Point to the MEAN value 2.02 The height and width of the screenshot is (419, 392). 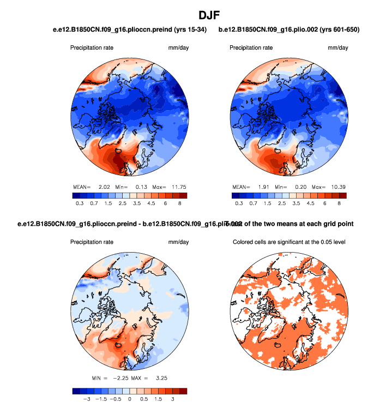pos(104,187)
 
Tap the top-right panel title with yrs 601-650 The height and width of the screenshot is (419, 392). pos(289,29)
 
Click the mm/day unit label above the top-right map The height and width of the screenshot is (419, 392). pos(337,48)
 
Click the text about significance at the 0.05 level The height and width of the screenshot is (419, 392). pos(289,242)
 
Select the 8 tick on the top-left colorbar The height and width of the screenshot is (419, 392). pos(179,203)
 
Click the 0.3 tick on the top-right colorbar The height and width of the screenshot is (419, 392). pos(239,203)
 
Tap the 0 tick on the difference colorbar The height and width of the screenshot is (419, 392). pos(130,399)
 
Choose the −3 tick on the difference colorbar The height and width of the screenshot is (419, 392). pos(86,399)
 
